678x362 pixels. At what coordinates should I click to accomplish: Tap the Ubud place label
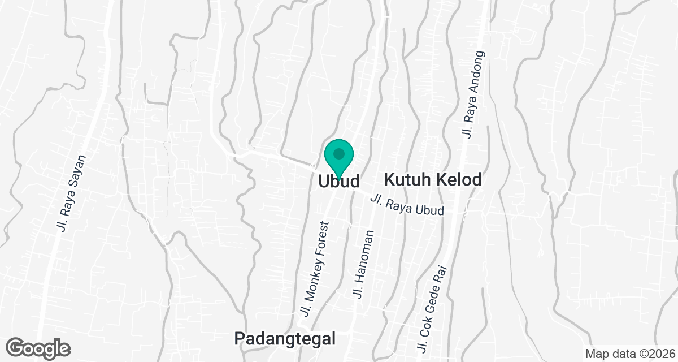tap(339, 182)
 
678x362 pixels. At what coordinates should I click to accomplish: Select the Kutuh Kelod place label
tap(433, 180)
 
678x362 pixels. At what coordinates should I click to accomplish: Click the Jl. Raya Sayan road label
tap(72, 193)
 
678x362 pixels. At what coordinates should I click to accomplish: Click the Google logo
tap(39, 348)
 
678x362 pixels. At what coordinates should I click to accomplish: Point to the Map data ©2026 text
tap(629, 354)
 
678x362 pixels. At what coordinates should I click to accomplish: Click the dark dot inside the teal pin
tap(339, 153)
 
